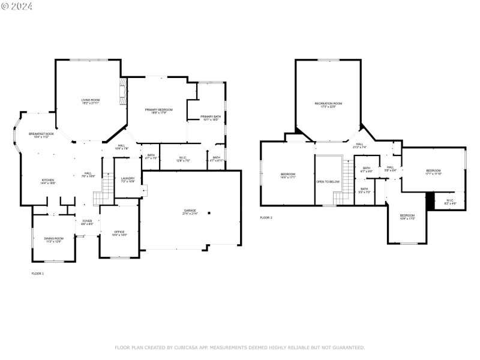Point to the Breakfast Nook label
click(x=41, y=135)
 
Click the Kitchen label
click(x=47, y=182)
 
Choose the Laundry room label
click(x=127, y=179)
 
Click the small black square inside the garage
click(x=209, y=212)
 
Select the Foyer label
click(x=87, y=222)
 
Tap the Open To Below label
click(x=328, y=181)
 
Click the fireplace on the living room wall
click(x=123, y=91)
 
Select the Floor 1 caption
click(x=38, y=273)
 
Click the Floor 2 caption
click(x=266, y=217)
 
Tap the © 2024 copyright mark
click(x=17, y=7)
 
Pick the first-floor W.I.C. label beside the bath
click(x=183, y=159)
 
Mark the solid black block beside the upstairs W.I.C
click(x=430, y=200)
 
